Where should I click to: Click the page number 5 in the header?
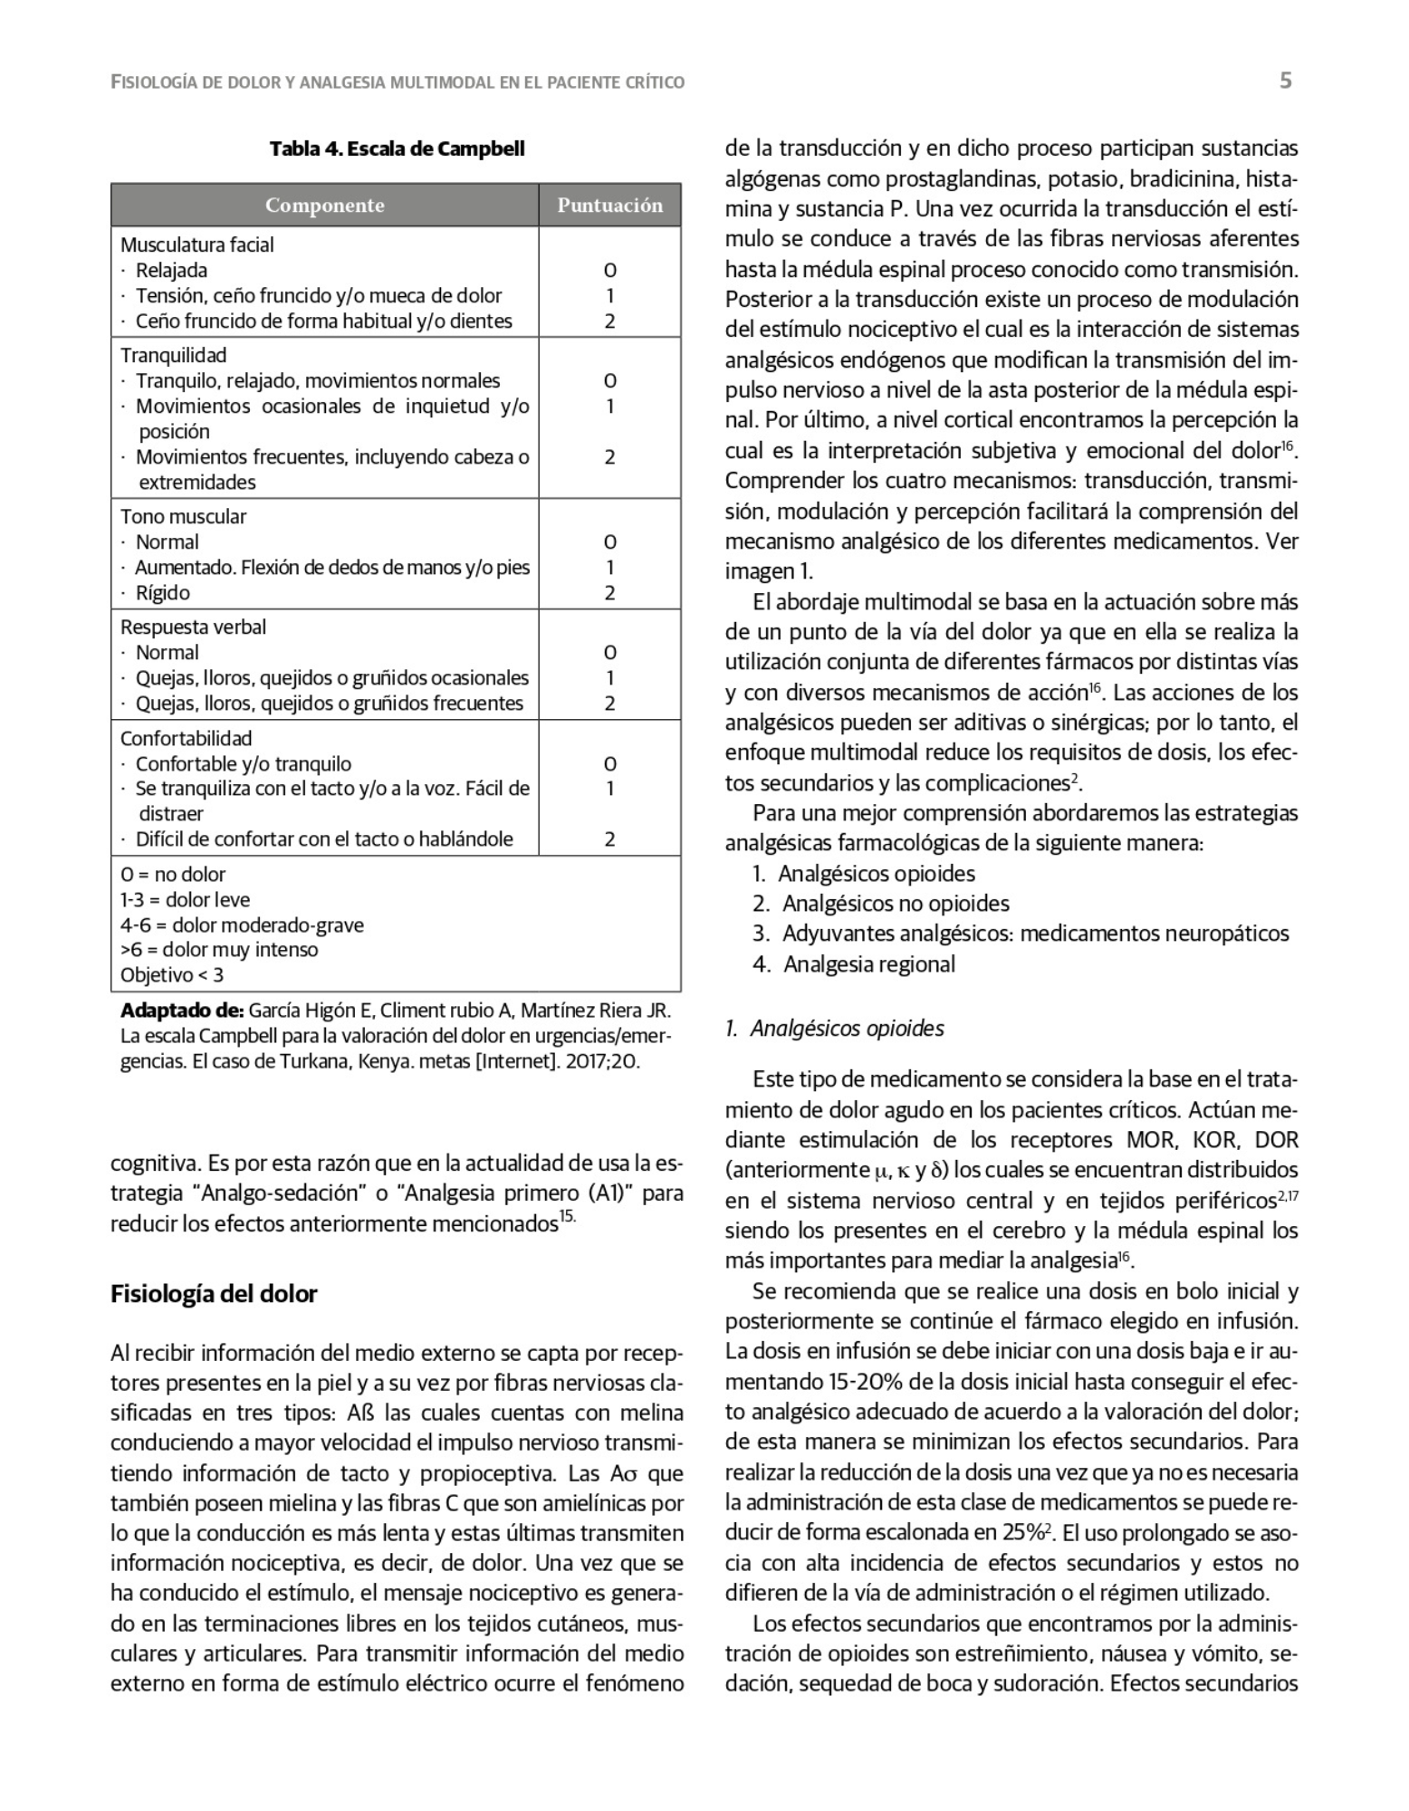click(x=1285, y=81)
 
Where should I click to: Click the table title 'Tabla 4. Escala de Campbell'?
click(x=397, y=149)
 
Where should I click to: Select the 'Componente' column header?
click(x=324, y=206)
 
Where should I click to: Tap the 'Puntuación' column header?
click(x=609, y=206)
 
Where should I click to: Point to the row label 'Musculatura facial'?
click(x=196, y=244)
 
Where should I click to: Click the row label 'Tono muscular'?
click(x=183, y=517)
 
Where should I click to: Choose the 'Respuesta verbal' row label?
click(x=193, y=628)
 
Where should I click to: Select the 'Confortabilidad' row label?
click(x=186, y=738)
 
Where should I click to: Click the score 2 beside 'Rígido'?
click(x=609, y=593)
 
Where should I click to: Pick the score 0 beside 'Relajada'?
click(x=609, y=271)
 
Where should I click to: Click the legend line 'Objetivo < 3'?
click(x=172, y=975)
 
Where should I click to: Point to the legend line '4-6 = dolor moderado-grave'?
click(x=242, y=925)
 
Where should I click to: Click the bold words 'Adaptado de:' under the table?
click(x=181, y=1011)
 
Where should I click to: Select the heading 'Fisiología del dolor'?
click(x=214, y=1294)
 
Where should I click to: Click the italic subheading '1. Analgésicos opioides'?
click(x=834, y=1029)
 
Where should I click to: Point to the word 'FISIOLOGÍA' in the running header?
click(x=153, y=82)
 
